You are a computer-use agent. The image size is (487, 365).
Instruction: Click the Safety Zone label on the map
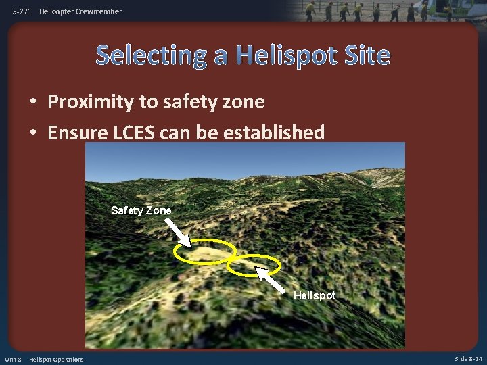click(x=141, y=210)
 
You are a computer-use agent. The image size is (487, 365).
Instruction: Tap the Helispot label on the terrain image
click(x=314, y=296)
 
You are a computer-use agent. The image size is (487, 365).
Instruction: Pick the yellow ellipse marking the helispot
click(x=253, y=265)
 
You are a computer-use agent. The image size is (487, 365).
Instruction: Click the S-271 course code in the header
click(x=22, y=11)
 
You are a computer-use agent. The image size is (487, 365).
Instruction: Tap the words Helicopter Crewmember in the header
click(x=80, y=11)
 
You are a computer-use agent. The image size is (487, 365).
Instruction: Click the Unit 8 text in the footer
click(x=13, y=359)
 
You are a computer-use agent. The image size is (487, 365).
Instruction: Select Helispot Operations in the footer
click(x=56, y=359)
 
